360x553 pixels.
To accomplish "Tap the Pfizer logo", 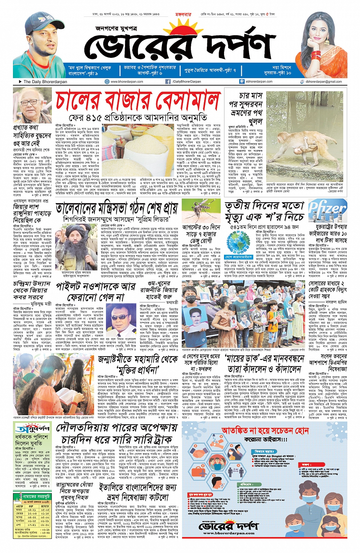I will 327,209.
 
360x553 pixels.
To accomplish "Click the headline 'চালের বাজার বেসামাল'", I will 138,101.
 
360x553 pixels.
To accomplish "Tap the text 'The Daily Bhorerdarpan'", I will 45,82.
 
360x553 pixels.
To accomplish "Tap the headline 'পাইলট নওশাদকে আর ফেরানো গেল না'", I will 96,291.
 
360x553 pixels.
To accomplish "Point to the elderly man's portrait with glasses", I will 32,105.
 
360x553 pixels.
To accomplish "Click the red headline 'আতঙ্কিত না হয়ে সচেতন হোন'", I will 265,430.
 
